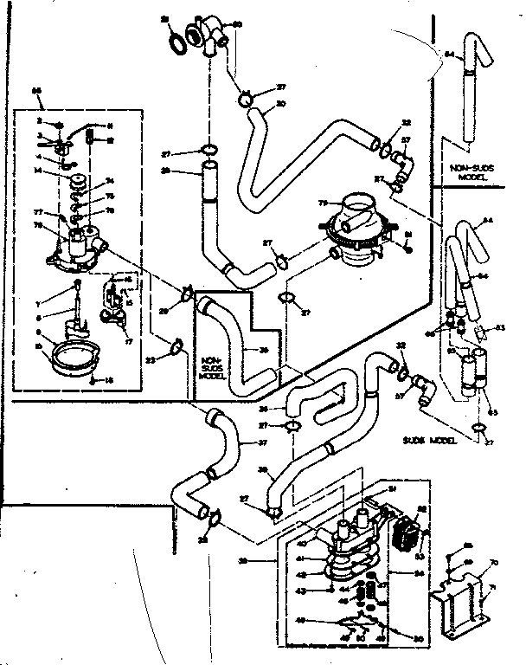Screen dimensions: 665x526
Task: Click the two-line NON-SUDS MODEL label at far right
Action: (471, 170)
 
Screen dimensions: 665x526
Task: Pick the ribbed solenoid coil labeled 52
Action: (405, 526)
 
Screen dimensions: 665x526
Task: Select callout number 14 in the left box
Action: (37, 171)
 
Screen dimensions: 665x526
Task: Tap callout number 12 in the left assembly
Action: (110, 140)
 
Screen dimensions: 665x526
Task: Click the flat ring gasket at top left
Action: (174, 39)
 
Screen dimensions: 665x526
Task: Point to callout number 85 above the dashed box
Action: (36, 90)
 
